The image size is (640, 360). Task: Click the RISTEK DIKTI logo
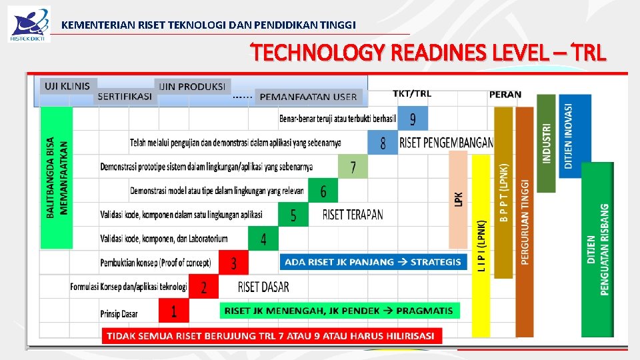coord(29,24)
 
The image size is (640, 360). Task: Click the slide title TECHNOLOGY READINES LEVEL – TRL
coord(429,52)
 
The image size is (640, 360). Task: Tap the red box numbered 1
coord(174,311)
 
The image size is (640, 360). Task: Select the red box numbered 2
coord(204,287)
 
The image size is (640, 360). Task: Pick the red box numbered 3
coord(233,263)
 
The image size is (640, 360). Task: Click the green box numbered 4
coord(263,239)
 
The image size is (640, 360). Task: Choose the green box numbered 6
coord(323,191)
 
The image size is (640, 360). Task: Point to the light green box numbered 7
coord(353,167)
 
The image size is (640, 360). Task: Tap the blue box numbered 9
coord(413,119)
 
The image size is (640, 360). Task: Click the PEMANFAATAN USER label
coord(308,97)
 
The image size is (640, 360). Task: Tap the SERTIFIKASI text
coord(125,96)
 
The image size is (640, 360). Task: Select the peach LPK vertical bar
coord(459,198)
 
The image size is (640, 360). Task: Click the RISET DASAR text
coord(263,287)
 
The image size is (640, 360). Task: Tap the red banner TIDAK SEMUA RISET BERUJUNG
coord(271,335)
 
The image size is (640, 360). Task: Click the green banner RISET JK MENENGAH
coord(339,311)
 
